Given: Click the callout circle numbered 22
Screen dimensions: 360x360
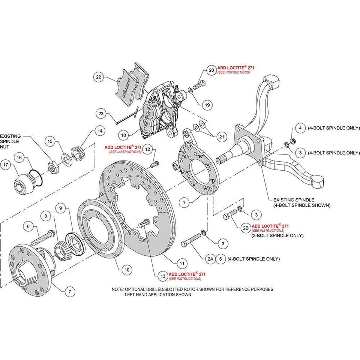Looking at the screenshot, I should tap(99, 77).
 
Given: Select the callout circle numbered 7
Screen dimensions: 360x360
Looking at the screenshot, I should tap(70, 291).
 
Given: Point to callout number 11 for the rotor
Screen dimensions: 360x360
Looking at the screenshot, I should tap(181, 263).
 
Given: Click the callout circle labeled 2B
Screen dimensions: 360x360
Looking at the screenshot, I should tap(246, 228).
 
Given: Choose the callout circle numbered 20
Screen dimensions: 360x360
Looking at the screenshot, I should tap(211, 70).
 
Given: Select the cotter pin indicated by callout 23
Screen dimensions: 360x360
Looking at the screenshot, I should tap(126, 116).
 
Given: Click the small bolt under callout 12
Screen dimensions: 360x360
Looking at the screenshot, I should tap(154, 164).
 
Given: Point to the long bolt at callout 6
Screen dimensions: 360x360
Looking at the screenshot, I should tap(44, 235).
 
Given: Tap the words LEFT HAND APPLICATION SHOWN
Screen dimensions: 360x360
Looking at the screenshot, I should tap(158, 295).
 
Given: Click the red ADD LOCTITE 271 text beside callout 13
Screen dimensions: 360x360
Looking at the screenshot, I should tap(187, 274).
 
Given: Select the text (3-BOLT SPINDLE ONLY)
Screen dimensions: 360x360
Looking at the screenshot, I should tap(277, 235).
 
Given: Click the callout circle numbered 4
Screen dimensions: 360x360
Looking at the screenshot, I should tap(300, 128).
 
